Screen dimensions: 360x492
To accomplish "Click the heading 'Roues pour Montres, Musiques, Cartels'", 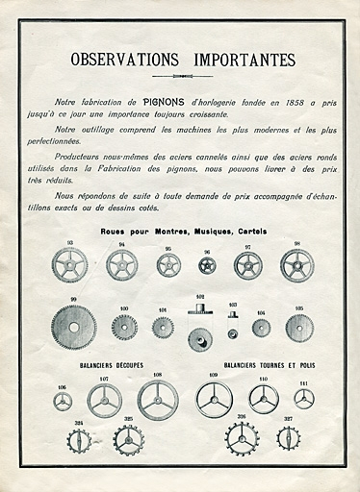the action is coord(183,233).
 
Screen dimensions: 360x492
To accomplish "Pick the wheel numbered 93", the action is coord(69,264).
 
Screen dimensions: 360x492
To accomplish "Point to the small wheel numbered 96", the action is coord(207,265).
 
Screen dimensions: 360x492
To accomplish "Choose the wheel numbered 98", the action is coord(296,265).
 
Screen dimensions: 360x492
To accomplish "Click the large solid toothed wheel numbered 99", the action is coord(73,328).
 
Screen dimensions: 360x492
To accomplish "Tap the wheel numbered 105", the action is coord(298,328).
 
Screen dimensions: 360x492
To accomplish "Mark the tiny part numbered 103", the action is coord(232,333).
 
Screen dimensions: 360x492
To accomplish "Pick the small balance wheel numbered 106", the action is coord(63,401).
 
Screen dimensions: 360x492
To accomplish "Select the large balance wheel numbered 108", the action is coord(158,400).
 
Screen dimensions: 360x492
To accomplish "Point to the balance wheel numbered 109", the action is coord(214,399).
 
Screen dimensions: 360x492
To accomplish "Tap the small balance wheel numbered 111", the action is coord(304,398).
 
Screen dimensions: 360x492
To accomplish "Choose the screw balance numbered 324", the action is coord(79,441).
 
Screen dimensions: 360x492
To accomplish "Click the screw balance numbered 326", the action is coord(242,439).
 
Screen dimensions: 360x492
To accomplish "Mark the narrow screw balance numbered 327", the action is coord(287,439).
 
